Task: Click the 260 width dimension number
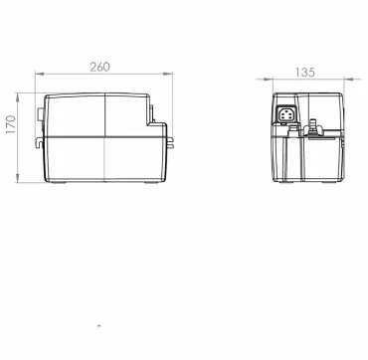(99, 67)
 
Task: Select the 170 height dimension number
(11, 124)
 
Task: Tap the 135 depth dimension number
(305, 73)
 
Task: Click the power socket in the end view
(285, 115)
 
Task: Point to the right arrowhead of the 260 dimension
(168, 74)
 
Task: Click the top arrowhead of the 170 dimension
(17, 97)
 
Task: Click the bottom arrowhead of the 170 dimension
(17, 178)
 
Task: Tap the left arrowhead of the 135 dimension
(269, 79)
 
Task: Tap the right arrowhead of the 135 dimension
(349, 79)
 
